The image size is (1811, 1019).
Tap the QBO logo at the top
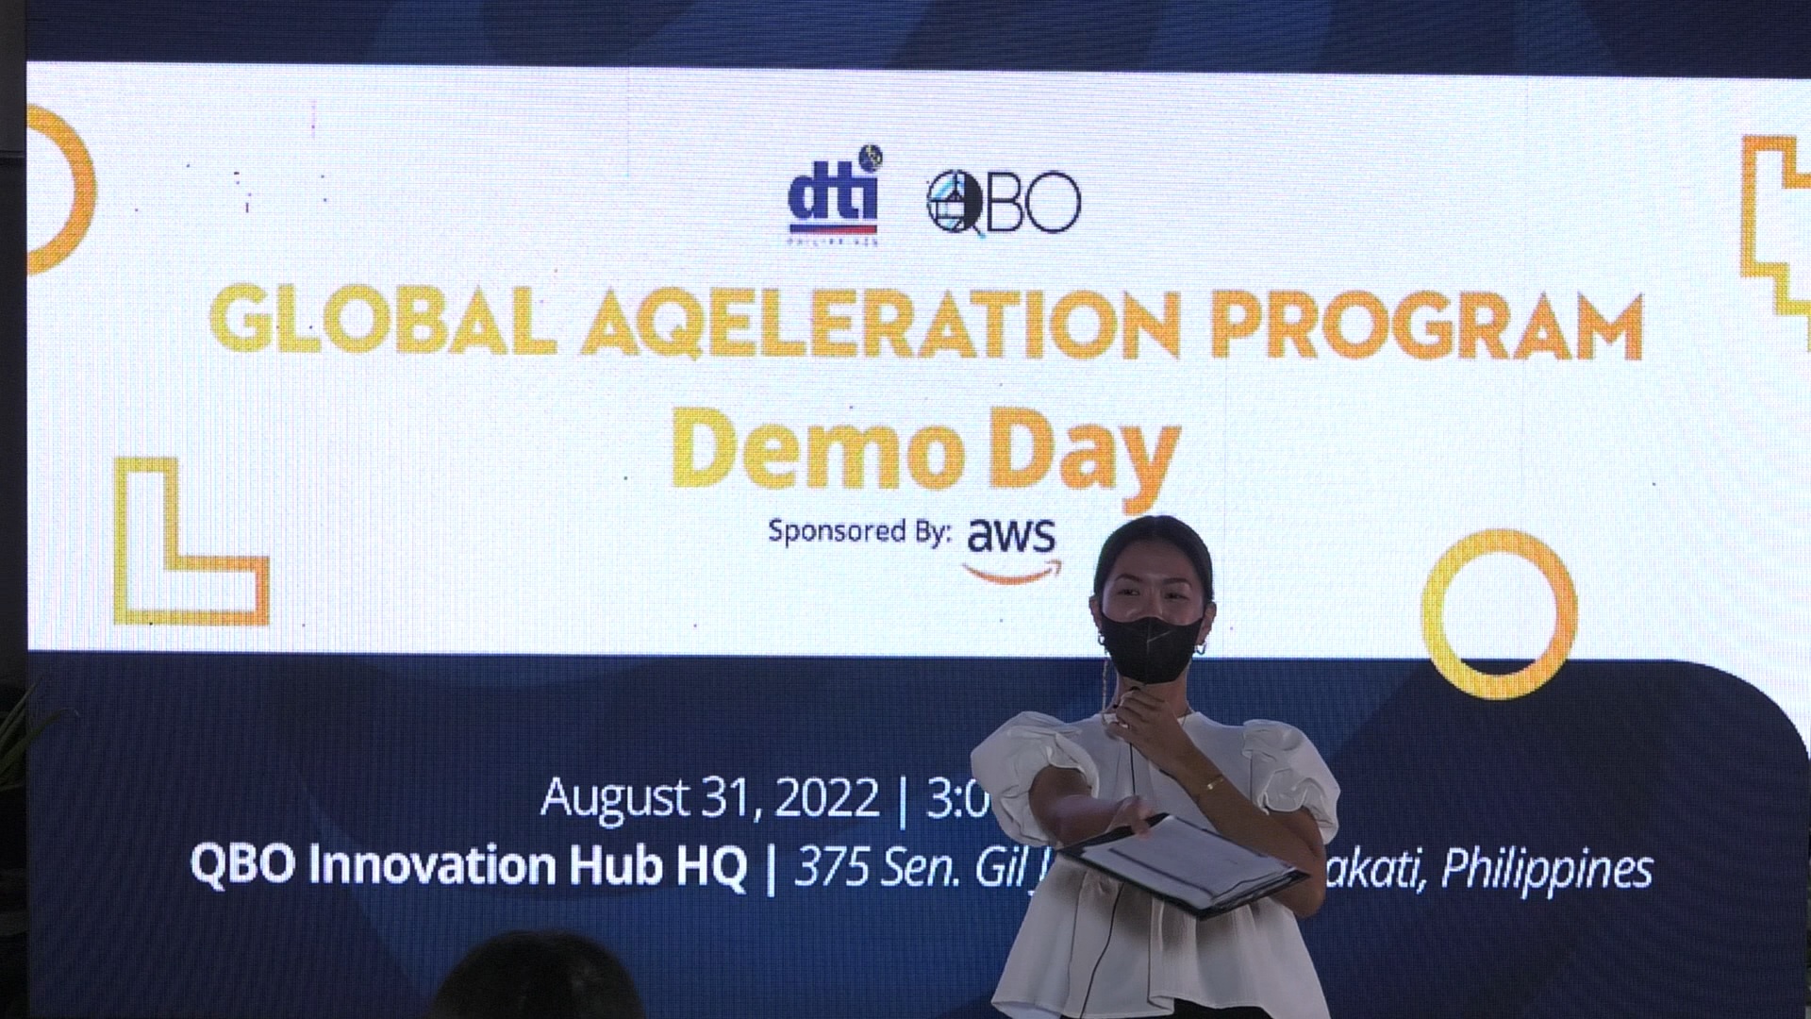pyautogui.click(x=1004, y=202)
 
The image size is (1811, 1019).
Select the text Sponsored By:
pyautogui.click(x=858, y=530)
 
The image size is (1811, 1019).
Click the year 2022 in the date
pyautogui.click(x=827, y=799)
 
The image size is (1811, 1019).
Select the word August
pyautogui.click(x=614, y=797)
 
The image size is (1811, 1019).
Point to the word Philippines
pyautogui.click(x=1547, y=869)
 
